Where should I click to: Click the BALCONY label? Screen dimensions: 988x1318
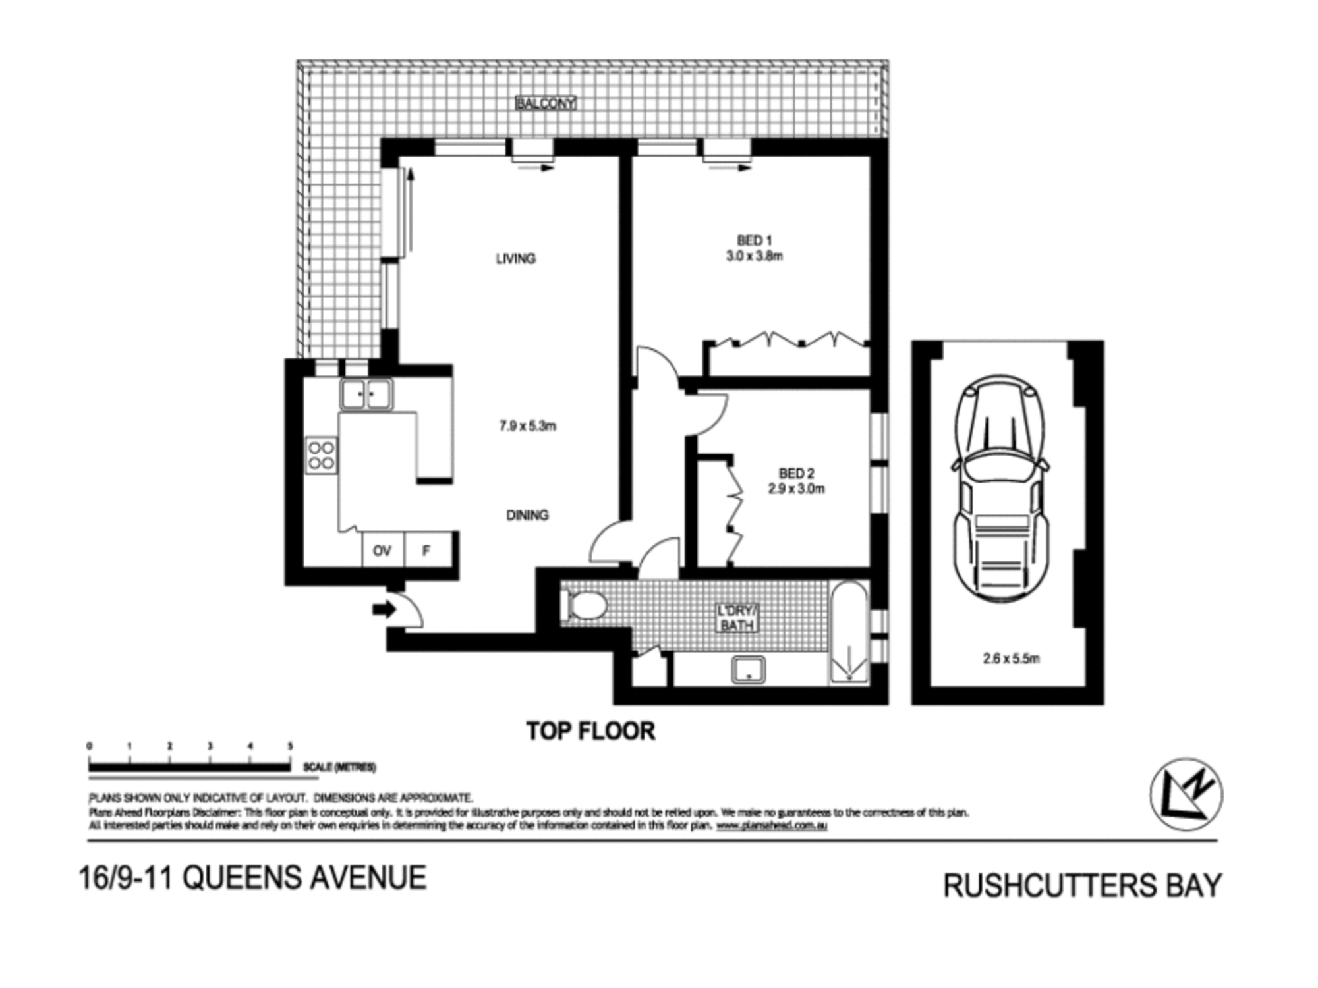point(546,103)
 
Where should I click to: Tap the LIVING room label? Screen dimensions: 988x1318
point(515,259)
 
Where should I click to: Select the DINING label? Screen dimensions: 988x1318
point(527,515)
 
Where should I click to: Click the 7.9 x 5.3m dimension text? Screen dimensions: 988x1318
point(527,426)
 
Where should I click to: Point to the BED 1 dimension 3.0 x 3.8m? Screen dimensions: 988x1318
point(755,256)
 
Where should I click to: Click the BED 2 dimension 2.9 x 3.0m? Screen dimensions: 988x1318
point(796,489)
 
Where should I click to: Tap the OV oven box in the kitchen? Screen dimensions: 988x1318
point(382,550)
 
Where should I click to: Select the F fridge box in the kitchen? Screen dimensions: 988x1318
point(426,550)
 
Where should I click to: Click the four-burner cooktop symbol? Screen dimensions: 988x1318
point(322,455)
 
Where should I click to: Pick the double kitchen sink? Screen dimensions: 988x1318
point(366,395)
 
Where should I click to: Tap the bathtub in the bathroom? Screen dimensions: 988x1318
point(849,632)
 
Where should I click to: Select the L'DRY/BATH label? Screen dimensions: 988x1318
point(737,618)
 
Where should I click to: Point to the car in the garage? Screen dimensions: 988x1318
point(1000,487)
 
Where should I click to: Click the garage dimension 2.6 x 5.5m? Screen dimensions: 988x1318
point(1011,658)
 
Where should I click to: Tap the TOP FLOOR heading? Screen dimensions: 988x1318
point(590,731)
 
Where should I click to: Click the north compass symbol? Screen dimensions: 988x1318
point(1186,794)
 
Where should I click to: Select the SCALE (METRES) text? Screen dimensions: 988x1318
point(339,767)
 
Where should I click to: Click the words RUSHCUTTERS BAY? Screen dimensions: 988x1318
point(1082,886)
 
